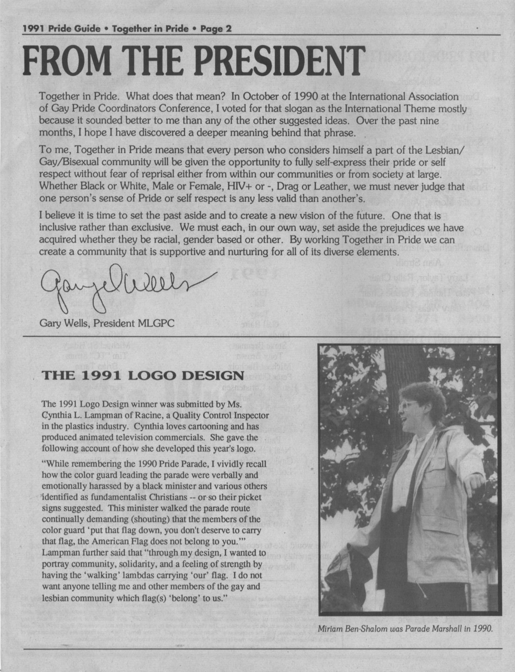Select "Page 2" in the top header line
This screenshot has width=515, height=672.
tap(216, 29)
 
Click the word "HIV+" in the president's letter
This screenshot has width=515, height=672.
tap(238, 186)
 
